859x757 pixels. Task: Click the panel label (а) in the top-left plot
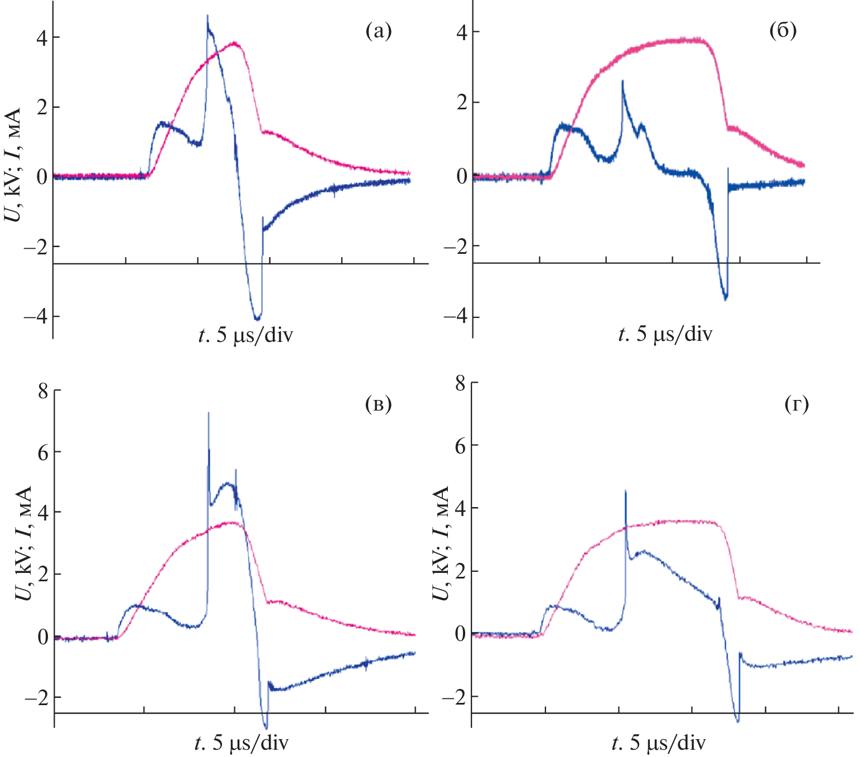point(378,32)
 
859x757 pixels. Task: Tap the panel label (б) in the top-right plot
point(783,31)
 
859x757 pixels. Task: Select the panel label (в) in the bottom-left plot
point(378,404)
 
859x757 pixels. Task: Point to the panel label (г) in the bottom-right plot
point(797,404)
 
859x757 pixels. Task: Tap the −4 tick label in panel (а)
point(35,316)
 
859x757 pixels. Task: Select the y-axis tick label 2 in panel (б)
point(461,103)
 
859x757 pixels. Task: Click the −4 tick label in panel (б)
point(455,317)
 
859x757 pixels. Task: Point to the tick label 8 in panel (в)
point(43,391)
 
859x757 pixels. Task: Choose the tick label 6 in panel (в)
point(43,452)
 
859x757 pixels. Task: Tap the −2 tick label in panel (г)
point(453,697)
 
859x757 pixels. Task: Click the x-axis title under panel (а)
point(245,335)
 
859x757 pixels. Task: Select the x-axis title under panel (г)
point(658,744)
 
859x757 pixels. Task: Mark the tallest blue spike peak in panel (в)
point(209,413)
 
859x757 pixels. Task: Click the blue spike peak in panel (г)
point(626,491)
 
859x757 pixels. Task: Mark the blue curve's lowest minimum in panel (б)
point(725,299)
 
